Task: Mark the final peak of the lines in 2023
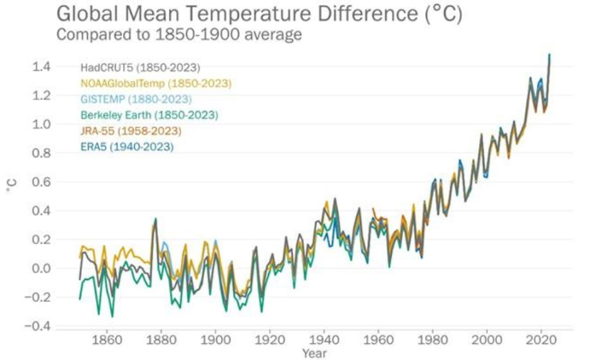pos(550,55)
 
